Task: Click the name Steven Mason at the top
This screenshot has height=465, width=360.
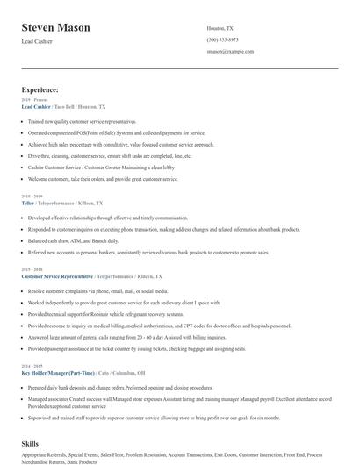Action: (56, 28)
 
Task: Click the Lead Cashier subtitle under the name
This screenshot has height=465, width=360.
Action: (38, 42)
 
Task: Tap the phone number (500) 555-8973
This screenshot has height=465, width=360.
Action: (222, 39)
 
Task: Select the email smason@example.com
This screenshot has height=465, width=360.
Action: (230, 51)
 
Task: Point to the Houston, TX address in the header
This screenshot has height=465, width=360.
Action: (220, 28)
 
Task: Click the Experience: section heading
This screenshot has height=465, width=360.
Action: (40, 89)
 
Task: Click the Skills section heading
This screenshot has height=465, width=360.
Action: (30, 445)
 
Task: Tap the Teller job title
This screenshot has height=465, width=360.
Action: (27, 202)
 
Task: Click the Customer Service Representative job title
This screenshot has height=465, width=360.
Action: (57, 275)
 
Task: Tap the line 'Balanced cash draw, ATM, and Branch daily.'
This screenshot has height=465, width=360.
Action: (74, 240)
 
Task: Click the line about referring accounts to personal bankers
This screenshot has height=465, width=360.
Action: (148, 252)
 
